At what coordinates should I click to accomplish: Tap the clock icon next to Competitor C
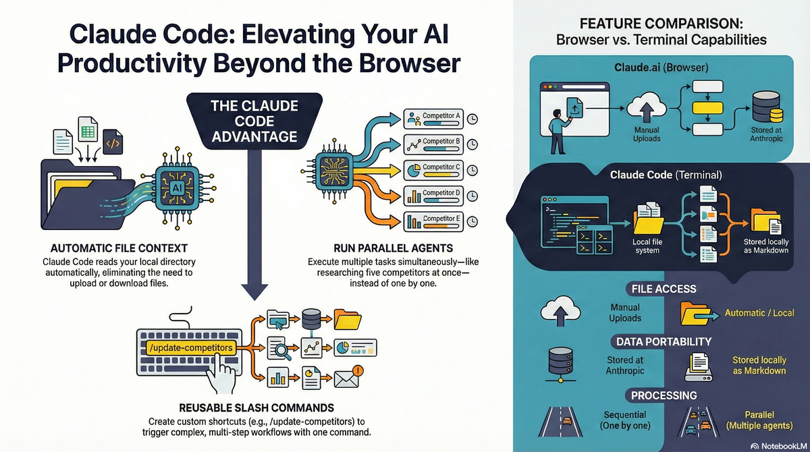point(473,169)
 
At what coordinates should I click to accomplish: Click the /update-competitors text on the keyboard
point(190,347)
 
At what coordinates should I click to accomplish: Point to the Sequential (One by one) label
point(624,420)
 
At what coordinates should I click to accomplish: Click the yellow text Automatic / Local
point(759,313)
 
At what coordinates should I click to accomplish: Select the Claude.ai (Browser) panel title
point(661,68)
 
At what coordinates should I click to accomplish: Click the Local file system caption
point(647,246)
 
